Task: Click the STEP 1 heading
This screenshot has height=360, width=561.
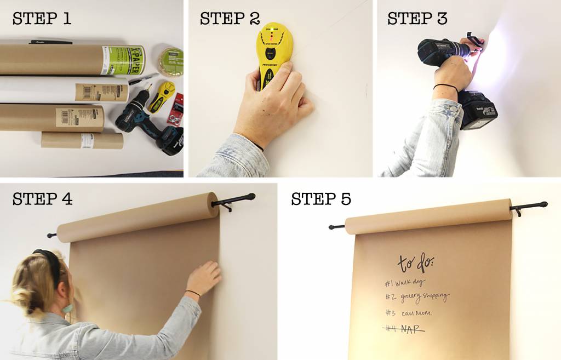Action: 42,19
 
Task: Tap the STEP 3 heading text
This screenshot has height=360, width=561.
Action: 417,19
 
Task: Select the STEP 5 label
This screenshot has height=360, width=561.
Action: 320,198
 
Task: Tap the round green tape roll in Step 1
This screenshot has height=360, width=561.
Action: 171,61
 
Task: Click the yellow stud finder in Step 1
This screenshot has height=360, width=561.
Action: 162,96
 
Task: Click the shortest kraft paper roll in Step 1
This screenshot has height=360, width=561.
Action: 82,140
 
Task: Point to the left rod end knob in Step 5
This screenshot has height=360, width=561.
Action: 332,226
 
